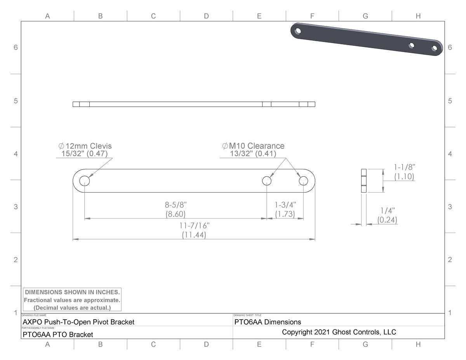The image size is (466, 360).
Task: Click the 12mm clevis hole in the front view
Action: point(85,181)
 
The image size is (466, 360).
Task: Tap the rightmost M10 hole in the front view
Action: point(303,181)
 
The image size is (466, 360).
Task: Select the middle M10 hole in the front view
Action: point(266,181)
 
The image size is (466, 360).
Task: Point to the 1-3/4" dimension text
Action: point(285,205)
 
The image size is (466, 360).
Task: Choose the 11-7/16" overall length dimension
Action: point(194,226)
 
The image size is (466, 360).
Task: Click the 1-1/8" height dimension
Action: point(404,167)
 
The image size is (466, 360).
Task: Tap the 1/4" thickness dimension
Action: point(387,210)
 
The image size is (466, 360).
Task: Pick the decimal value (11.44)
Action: point(194,235)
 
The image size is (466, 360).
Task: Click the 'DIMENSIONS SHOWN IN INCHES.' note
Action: point(72,292)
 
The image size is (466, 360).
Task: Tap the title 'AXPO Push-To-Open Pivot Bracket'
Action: point(79,322)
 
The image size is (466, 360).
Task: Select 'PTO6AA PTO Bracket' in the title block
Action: point(58,334)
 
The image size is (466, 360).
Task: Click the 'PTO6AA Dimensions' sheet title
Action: point(268,322)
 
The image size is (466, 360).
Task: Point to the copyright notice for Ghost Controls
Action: point(339,332)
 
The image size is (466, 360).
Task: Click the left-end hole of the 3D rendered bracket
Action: point(298,30)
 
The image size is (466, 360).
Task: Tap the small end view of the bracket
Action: point(363,181)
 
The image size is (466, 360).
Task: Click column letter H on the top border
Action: point(418,16)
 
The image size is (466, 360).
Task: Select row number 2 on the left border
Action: point(16,259)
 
